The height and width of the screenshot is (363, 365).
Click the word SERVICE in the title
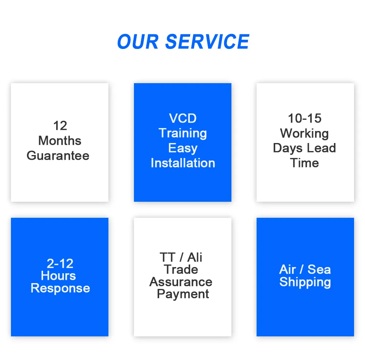[207, 42]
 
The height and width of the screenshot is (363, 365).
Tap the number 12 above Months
[60, 126]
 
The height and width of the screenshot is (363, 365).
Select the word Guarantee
[58, 156]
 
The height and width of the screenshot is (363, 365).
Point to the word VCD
[182, 119]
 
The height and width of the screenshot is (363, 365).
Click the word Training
[182, 134]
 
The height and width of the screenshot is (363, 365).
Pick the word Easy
[182, 148]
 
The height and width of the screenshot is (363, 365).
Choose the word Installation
[182, 163]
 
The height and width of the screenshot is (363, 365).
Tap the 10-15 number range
[305, 119]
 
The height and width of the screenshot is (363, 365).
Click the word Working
[305, 134]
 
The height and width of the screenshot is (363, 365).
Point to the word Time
[305, 163]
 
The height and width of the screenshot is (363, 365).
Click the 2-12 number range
[60, 263]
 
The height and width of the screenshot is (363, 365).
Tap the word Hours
[58, 276]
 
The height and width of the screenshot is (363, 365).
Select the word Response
[60, 288]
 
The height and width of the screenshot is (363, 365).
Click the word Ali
[195, 258]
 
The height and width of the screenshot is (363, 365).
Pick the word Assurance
[181, 282]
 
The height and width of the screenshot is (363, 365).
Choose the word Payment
[183, 294]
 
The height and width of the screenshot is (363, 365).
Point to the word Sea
[319, 270]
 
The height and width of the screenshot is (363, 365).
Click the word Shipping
[305, 282]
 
